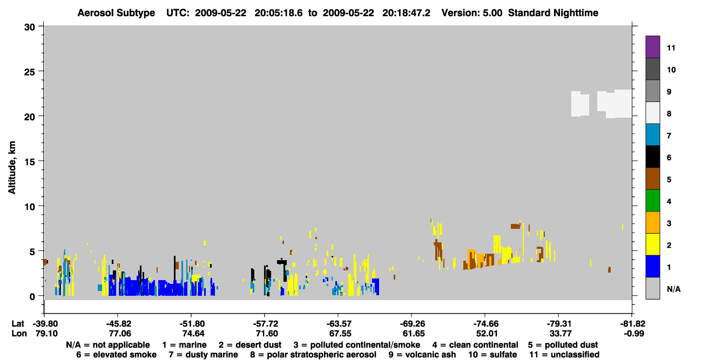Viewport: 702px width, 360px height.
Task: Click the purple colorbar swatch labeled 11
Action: point(652,46)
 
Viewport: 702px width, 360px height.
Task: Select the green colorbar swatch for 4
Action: point(652,200)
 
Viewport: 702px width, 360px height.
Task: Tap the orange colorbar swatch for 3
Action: point(652,222)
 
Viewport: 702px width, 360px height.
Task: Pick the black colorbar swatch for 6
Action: point(652,157)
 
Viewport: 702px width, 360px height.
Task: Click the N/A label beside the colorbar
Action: point(673,289)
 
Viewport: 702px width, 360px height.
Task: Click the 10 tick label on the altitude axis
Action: point(30,207)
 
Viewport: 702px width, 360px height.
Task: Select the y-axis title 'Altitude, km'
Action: point(12,168)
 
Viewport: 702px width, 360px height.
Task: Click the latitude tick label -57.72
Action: point(265,324)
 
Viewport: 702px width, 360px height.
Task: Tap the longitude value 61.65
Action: point(414,334)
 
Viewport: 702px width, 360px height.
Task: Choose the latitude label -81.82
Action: point(632,324)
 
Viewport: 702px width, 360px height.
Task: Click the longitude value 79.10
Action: point(46,334)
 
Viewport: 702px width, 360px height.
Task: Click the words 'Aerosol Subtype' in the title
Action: point(116,13)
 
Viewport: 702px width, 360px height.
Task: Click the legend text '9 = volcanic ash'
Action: point(422,355)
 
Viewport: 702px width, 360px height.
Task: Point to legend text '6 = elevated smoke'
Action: point(116,355)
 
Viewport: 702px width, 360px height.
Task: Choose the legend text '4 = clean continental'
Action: point(475,345)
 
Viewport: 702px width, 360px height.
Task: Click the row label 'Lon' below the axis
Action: point(19,334)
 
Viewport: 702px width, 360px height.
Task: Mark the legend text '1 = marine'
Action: point(184,345)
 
